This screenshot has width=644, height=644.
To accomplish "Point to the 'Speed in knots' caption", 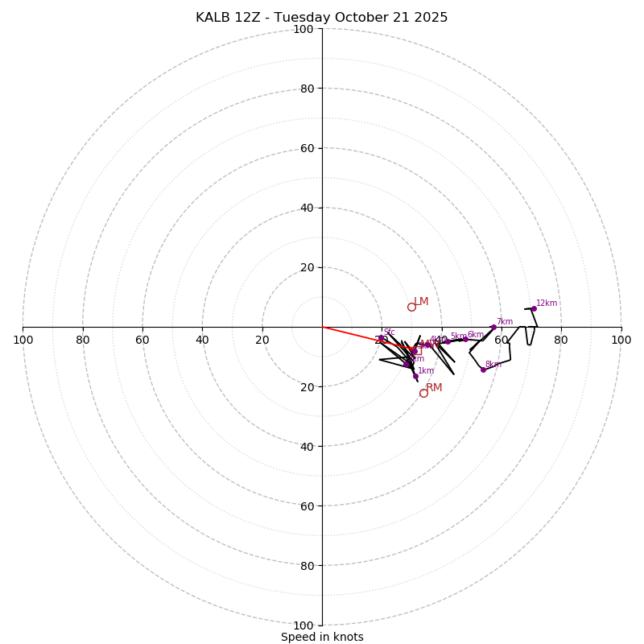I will [322, 637].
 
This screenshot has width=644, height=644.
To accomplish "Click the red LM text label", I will [421, 301].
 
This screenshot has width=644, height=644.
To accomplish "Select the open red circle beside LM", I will [411, 307].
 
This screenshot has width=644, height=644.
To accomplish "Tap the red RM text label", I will [434, 387].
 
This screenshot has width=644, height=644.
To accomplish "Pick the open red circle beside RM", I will [423, 393].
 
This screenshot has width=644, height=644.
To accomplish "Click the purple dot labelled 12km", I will [533, 308].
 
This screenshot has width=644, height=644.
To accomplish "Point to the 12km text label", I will [547, 303].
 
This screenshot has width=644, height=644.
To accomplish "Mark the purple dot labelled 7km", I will [493, 327].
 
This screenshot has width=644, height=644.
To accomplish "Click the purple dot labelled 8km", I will [483, 369].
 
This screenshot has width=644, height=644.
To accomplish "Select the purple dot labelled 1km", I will [415, 376].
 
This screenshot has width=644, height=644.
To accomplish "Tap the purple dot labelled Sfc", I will [382, 338].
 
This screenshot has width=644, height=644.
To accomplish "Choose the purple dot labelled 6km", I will [465, 339].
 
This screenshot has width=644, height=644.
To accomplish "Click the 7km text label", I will [505, 321].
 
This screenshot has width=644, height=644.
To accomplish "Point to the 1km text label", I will [426, 370].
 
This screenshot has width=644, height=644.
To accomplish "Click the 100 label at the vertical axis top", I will [303, 29].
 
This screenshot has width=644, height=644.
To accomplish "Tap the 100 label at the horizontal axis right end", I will [621, 340].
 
